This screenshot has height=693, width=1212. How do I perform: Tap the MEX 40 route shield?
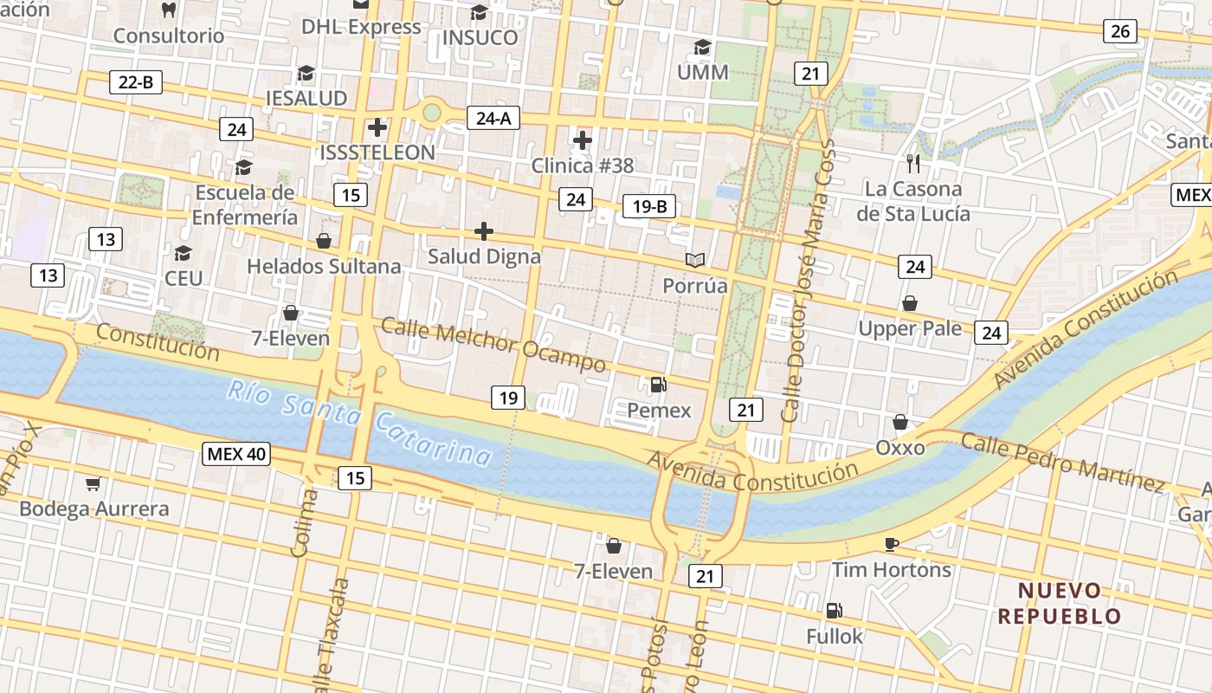(x=236, y=454)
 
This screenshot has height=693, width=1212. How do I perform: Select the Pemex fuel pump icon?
(x=659, y=384)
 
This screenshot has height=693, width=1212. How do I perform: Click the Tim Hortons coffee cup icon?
(x=892, y=544)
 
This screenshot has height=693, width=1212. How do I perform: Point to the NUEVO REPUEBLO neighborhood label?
(x=1060, y=604)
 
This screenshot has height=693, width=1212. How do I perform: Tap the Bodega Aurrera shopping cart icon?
(x=93, y=483)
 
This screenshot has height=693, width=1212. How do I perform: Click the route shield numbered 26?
(x=1119, y=31)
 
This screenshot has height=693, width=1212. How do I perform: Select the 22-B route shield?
(x=136, y=83)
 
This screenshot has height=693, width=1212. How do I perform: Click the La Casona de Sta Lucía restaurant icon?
(x=912, y=162)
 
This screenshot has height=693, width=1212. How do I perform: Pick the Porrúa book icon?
(x=695, y=259)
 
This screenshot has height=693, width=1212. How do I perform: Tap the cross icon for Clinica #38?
(x=583, y=139)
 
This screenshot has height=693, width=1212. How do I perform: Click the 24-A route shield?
(x=493, y=118)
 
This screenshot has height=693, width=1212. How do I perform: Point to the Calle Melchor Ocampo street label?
(x=493, y=344)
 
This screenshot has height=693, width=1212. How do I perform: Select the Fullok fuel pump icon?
(x=834, y=611)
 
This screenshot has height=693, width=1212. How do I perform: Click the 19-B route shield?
(x=648, y=206)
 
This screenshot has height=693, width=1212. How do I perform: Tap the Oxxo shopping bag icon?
(x=900, y=422)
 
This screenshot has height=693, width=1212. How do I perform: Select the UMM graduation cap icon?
(x=702, y=47)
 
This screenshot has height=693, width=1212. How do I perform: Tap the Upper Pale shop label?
(x=909, y=328)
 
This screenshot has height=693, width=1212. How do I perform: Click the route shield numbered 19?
(x=507, y=398)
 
